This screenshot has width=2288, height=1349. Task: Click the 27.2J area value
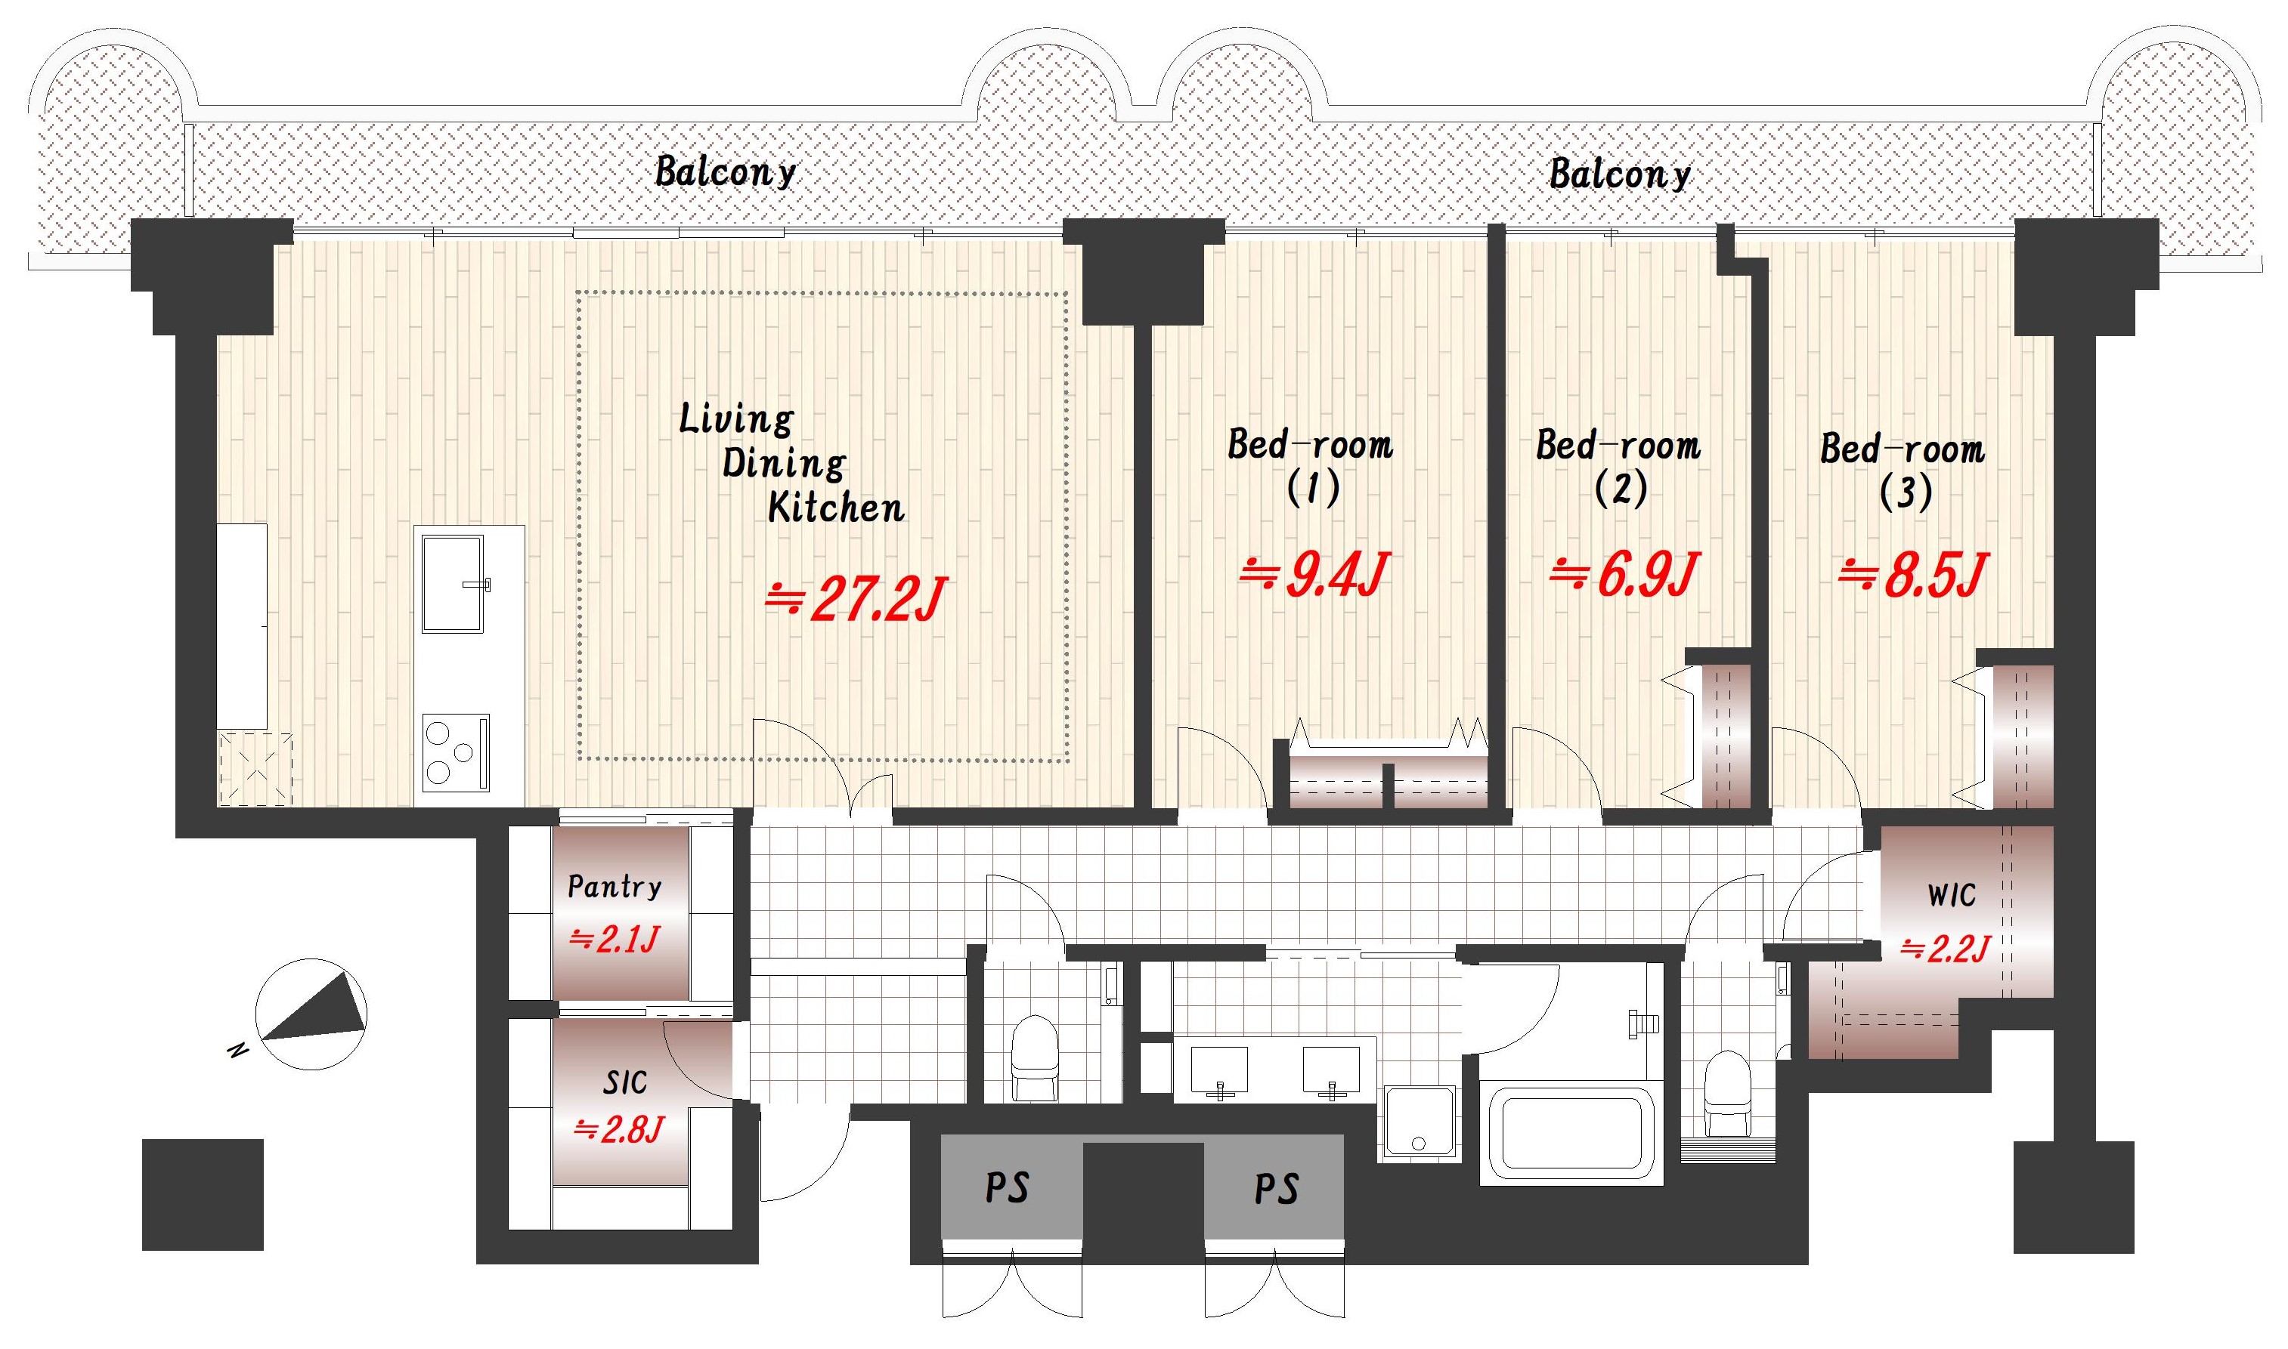[856, 599]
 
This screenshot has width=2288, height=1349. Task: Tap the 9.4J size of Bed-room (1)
[1315, 575]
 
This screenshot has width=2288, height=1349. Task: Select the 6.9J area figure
[1624, 575]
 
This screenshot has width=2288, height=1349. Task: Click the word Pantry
[615, 886]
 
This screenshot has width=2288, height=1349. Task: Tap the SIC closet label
[626, 1082]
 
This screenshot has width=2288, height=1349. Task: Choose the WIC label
[1952, 895]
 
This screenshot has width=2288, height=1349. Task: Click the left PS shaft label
[1008, 1188]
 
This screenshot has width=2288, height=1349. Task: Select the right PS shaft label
[1277, 1189]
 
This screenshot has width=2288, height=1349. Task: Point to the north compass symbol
[311, 1014]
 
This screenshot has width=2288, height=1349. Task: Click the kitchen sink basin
[452, 582]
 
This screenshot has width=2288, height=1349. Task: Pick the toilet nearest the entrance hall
[1036, 1058]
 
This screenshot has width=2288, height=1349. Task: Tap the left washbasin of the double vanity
[1219, 1071]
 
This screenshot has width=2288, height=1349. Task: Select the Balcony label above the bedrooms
[1621, 174]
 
